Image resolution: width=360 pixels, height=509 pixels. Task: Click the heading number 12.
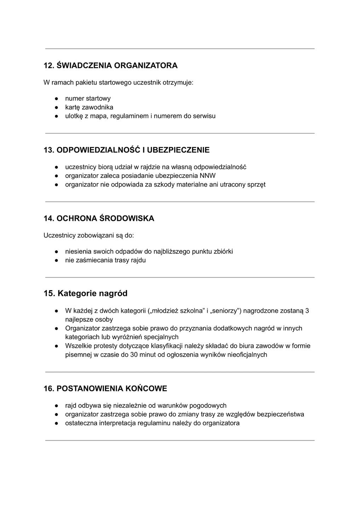(48, 66)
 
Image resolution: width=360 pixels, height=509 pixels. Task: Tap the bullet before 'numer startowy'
(56, 99)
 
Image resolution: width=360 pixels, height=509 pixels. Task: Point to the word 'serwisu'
(204, 116)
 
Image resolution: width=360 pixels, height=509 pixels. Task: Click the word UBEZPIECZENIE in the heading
(178, 150)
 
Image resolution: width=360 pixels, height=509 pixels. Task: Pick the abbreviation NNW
(208, 176)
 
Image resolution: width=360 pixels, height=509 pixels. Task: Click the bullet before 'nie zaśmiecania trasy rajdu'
(56, 261)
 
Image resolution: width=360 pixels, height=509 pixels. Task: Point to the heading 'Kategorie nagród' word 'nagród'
(113, 294)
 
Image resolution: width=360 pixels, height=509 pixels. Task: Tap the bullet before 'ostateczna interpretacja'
(56, 423)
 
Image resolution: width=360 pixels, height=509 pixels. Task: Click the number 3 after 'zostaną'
(307, 311)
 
